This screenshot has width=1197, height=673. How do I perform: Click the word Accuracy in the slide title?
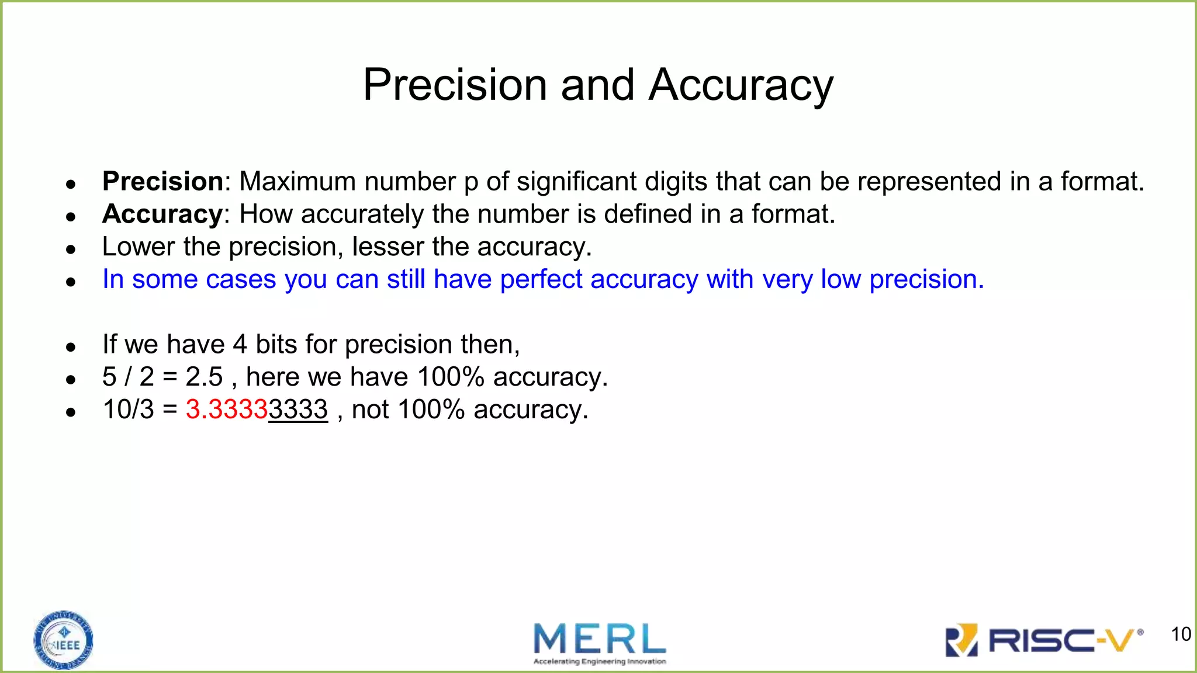pyautogui.click(x=741, y=85)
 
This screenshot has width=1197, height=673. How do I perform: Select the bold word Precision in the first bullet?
pyautogui.click(x=162, y=182)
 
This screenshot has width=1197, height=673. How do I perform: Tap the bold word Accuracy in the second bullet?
pyautogui.click(x=162, y=214)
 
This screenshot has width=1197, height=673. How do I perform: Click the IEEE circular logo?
pyautogui.click(x=63, y=640)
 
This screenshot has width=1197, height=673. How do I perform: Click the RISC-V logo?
pyautogui.click(x=1044, y=640)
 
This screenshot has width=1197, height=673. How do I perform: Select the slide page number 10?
pyautogui.click(x=1181, y=634)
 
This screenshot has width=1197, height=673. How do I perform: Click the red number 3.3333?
pyautogui.click(x=227, y=410)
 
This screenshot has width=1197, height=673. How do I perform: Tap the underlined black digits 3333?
pyautogui.click(x=298, y=410)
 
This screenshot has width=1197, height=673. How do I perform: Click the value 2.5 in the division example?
pyautogui.click(x=204, y=377)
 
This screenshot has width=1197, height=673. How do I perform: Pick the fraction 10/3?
pyautogui.click(x=128, y=410)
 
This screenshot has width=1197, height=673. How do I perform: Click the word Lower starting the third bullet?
pyautogui.click(x=138, y=247)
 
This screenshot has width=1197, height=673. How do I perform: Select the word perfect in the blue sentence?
pyautogui.click(x=541, y=279)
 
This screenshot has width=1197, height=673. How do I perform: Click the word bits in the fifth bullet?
pyautogui.click(x=276, y=344)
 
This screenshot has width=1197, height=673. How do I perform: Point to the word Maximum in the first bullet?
pyautogui.click(x=297, y=182)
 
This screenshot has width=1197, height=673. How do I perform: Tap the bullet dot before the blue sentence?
pyautogui.click(x=71, y=282)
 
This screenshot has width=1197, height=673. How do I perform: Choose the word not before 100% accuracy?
pyautogui.click(x=370, y=410)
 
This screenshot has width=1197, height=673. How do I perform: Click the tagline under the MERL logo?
pyautogui.click(x=600, y=662)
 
